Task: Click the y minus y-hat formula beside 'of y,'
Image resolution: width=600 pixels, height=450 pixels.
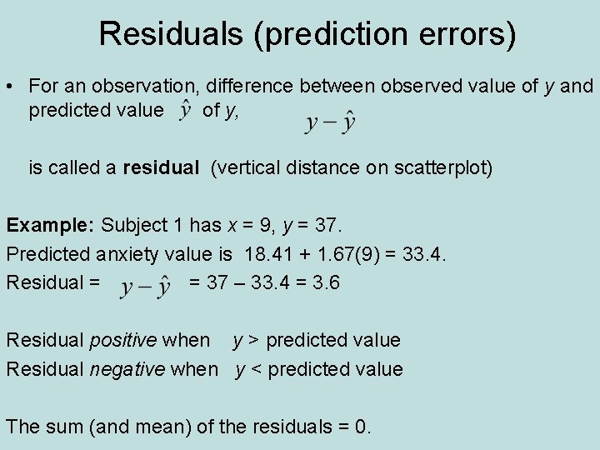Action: coord(331,122)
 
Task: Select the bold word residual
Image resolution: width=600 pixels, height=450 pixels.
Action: coord(160,168)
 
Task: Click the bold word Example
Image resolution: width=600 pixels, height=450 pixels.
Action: coord(51,225)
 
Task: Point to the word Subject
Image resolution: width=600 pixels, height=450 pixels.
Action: coord(134,225)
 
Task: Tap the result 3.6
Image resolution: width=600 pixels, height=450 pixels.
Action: coord(324,282)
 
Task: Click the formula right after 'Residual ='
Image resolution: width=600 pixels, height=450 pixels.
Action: coord(146,287)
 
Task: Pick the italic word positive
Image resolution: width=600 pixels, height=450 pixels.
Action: coord(125,340)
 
